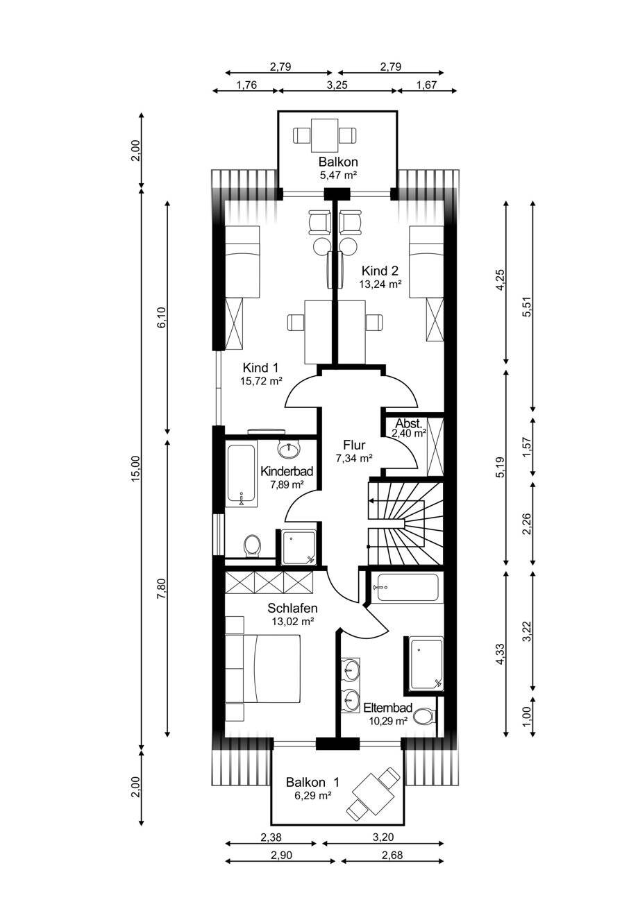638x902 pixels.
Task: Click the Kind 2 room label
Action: point(380,270)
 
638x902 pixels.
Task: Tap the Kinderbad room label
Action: point(287,470)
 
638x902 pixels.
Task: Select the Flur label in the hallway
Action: point(354,445)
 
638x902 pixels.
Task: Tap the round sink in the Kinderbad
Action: point(289,449)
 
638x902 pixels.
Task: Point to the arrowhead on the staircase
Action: point(371,501)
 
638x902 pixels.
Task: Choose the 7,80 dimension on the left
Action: point(162,590)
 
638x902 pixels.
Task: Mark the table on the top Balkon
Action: point(324,135)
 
